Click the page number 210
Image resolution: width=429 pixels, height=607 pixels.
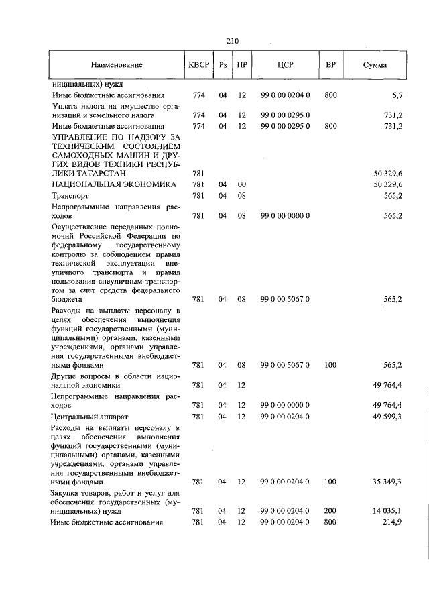233,40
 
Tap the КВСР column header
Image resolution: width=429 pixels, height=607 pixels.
198,65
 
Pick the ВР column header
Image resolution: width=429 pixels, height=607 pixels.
330,65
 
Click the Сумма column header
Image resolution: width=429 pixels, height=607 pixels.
375,65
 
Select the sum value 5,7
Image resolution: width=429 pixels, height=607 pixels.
395,95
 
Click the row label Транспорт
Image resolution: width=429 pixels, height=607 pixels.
70,195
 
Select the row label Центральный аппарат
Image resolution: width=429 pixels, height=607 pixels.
84,417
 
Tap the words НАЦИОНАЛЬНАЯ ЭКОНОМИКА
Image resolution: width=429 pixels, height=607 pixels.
114,184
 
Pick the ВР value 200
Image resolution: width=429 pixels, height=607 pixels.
330,511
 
